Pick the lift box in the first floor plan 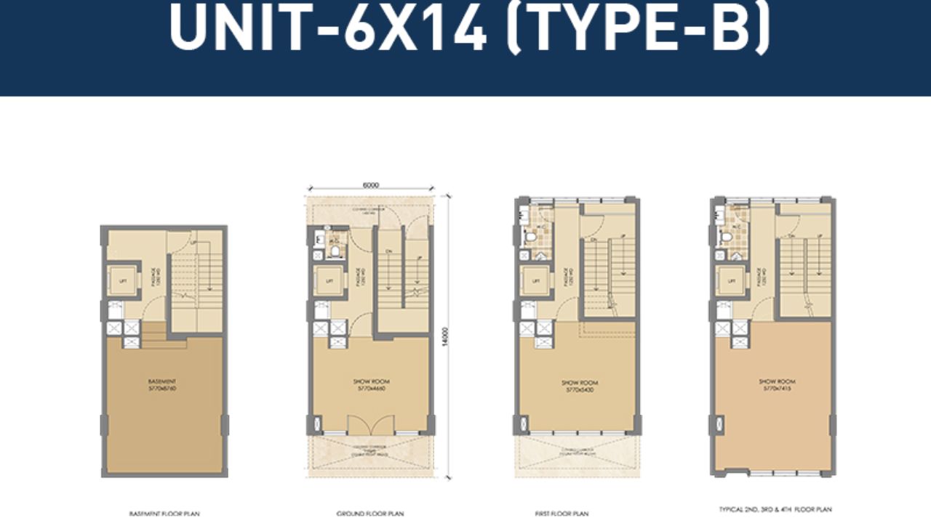(536, 280)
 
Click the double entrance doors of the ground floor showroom (370, 425)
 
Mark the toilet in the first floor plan (530, 237)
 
